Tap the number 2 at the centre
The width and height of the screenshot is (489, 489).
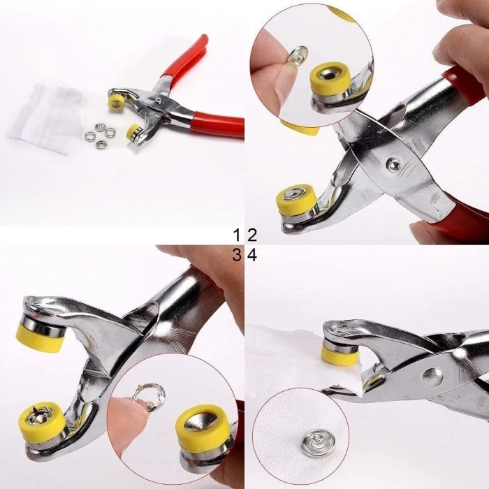click(251, 234)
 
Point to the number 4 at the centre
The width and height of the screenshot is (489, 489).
click(252, 256)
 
